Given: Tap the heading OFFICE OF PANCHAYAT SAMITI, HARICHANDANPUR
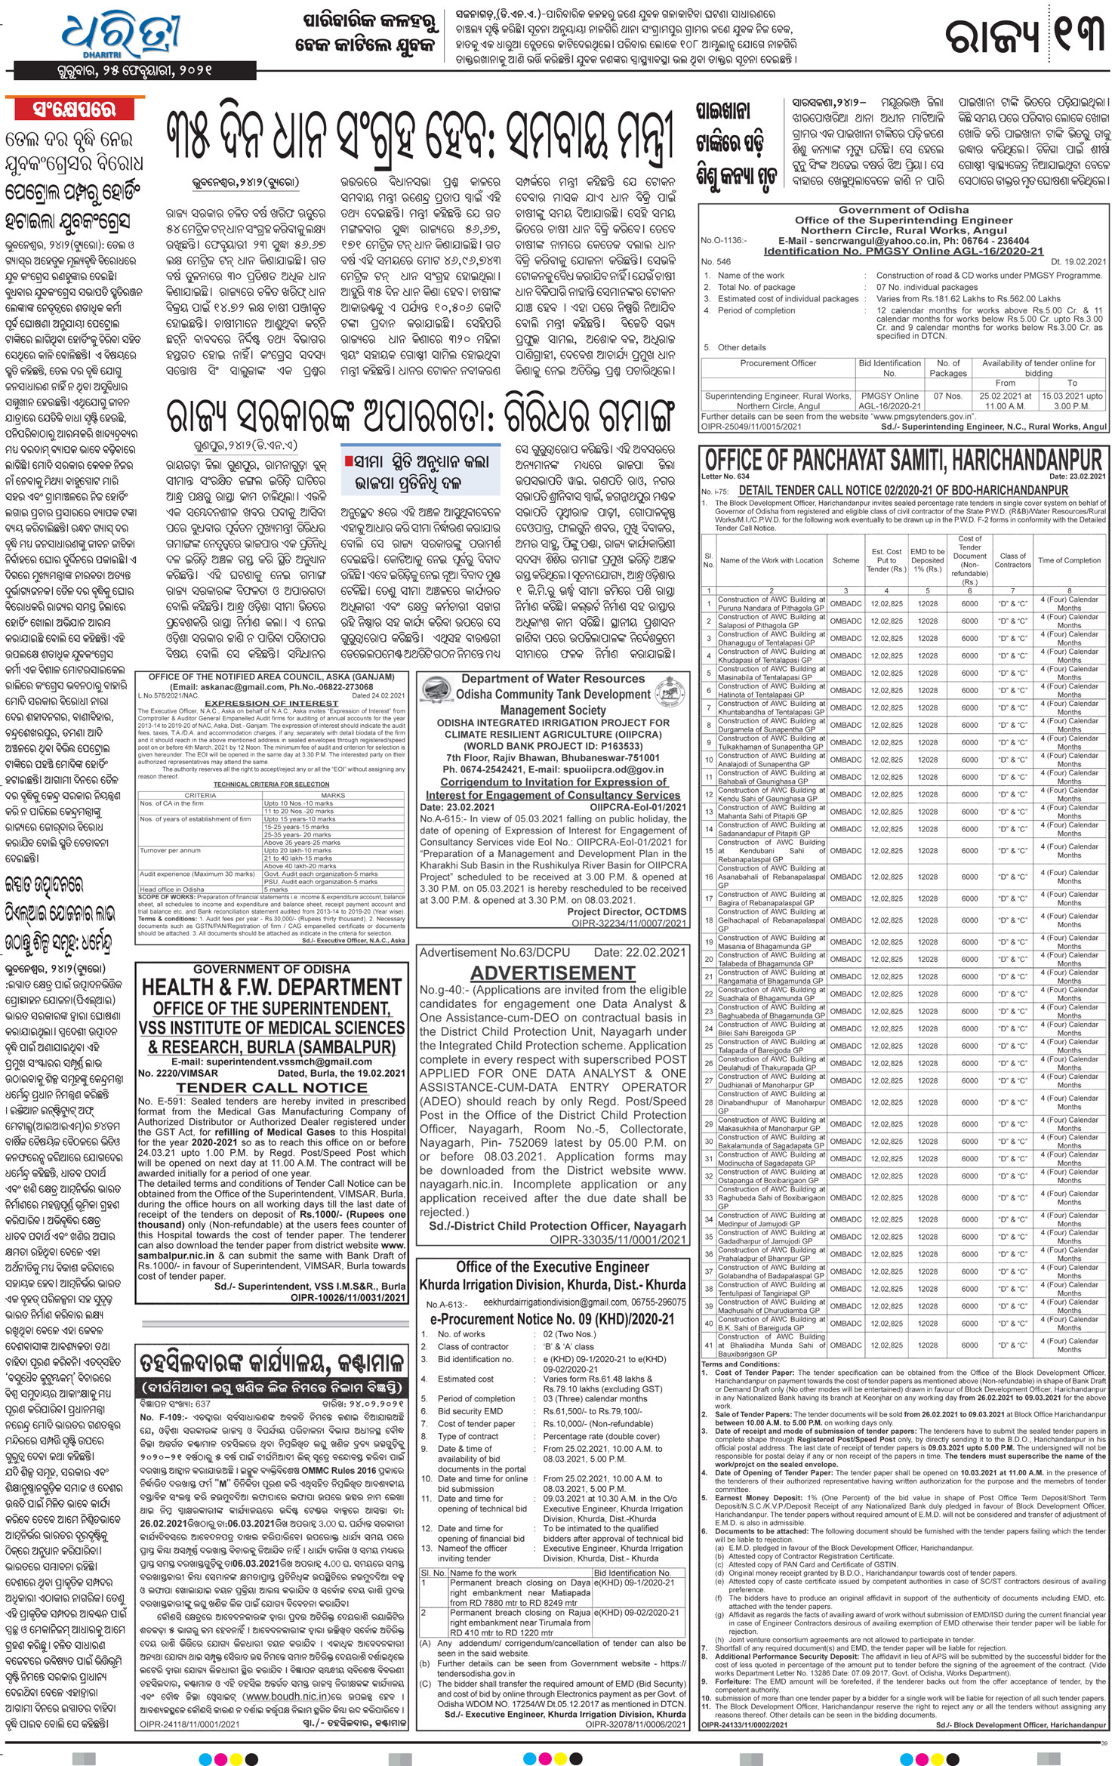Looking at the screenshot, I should click(x=903, y=460).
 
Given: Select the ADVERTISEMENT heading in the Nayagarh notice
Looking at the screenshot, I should click(x=553, y=972).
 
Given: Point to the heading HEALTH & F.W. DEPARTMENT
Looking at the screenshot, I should click(x=272, y=988).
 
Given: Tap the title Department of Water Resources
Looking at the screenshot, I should click(x=553, y=679).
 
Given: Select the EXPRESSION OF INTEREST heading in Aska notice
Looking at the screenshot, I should click(x=272, y=703).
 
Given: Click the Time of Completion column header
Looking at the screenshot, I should click(x=1069, y=560).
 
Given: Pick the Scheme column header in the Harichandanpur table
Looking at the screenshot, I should click(x=845, y=560).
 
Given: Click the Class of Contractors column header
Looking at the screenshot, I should click(x=1012, y=560).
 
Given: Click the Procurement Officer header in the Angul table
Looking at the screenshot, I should click(x=778, y=363).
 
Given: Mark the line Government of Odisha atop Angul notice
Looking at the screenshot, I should click(x=904, y=210).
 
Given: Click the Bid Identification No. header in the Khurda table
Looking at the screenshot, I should click(x=632, y=1573).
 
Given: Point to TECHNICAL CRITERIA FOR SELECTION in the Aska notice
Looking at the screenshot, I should click(x=271, y=784).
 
